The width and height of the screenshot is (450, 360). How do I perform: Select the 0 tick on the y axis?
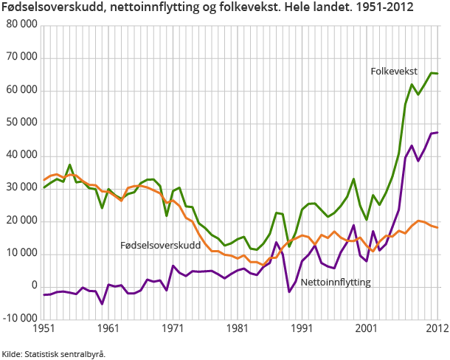coord(33,285)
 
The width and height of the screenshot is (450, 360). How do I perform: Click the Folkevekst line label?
coord(394,72)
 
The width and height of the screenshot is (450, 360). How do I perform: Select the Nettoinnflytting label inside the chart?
coord(336,283)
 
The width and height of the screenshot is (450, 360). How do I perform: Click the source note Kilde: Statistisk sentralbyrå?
coord(54,353)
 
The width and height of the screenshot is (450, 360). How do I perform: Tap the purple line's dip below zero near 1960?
coord(102,303)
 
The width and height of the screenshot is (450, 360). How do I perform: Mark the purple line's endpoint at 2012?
coord(438,133)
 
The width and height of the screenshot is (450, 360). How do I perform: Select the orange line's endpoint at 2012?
coord(438,227)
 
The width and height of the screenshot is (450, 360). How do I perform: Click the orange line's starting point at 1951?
coord(44,180)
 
